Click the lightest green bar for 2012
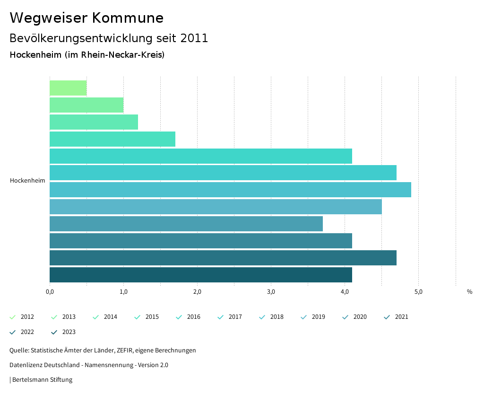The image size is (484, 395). tap(68, 88)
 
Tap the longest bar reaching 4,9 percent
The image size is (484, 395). tap(230, 190)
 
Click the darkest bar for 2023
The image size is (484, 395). tap(200, 275)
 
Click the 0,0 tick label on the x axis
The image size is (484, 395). tap(50, 292)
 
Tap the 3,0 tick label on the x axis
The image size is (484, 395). tap(271, 292)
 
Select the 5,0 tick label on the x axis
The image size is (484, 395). tap(418, 292)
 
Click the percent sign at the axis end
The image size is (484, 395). tap(469, 292)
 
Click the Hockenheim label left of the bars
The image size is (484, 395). tap(27, 181)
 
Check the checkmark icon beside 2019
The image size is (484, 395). tap(304, 317)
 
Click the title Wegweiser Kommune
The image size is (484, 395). tap(86, 18)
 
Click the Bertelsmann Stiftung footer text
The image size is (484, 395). tap(42, 380)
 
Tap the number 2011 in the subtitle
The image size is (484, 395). tap(194, 38)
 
